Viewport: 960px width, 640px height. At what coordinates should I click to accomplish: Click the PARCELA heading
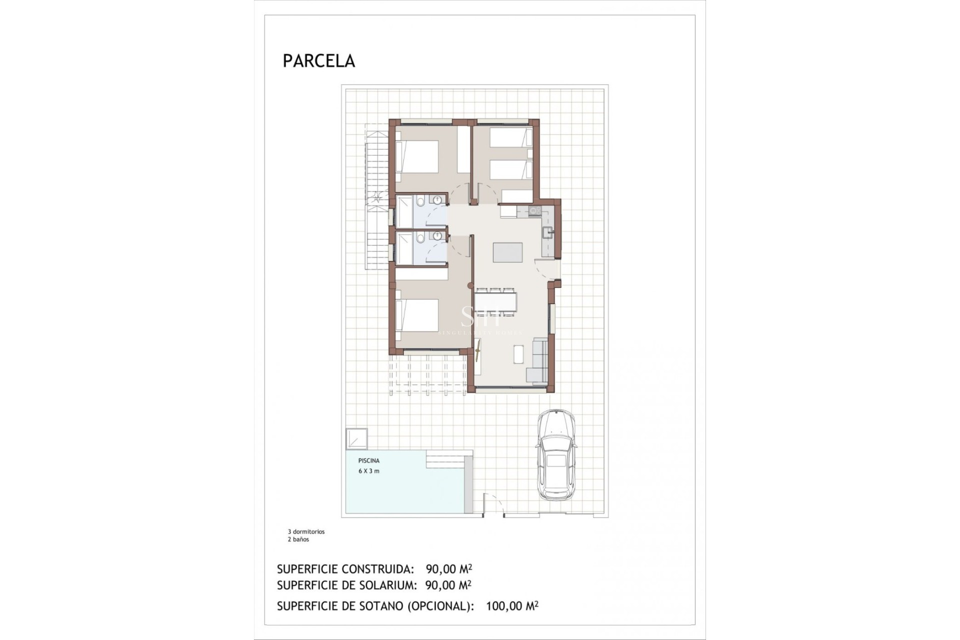point(318,61)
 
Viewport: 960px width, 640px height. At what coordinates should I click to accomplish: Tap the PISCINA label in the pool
point(368,460)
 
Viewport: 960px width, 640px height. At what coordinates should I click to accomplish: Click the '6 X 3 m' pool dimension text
point(368,471)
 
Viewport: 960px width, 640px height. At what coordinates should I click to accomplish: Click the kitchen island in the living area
point(507,252)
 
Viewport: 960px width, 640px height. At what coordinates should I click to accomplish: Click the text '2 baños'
point(298,539)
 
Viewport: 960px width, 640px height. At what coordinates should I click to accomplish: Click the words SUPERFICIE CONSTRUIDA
point(345,569)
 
